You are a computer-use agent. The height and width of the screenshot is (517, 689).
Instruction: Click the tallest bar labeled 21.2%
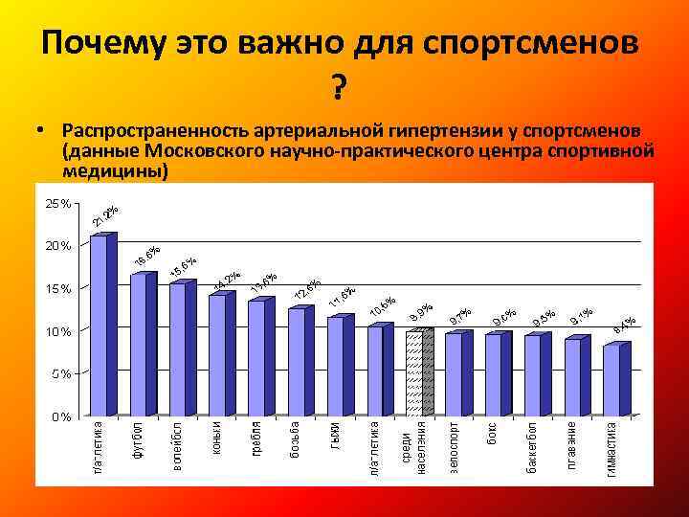click(x=99, y=326)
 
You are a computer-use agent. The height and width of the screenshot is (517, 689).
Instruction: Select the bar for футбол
click(x=138, y=345)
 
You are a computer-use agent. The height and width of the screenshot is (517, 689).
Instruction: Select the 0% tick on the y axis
click(x=60, y=416)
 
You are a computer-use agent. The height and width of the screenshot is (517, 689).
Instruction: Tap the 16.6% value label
click(x=146, y=255)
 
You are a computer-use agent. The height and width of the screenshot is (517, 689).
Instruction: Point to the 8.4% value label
click(x=624, y=325)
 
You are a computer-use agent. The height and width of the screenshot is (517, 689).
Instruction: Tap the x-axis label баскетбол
click(x=533, y=447)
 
